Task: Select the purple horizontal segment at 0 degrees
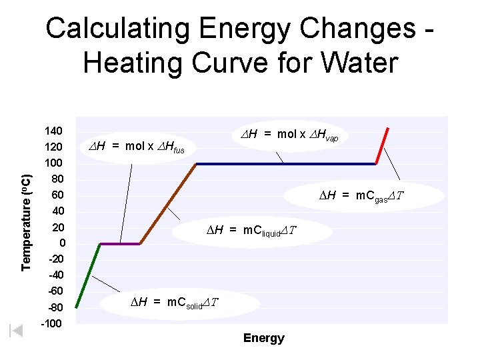pyautogui.click(x=120, y=244)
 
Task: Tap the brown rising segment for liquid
pyautogui.click(x=168, y=203)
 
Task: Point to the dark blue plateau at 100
pyautogui.click(x=287, y=163)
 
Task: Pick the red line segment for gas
pyautogui.click(x=383, y=145)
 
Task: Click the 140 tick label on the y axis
pyautogui.click(x=53, y=130)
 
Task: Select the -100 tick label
pyautogui.click(x=51, y=324)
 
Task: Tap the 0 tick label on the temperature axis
pyautogui.click(x=62, y=243)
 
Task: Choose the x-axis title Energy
pyautogui.click(x=264, y=338)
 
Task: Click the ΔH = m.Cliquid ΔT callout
pyautogui.click(x=251, y=231)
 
